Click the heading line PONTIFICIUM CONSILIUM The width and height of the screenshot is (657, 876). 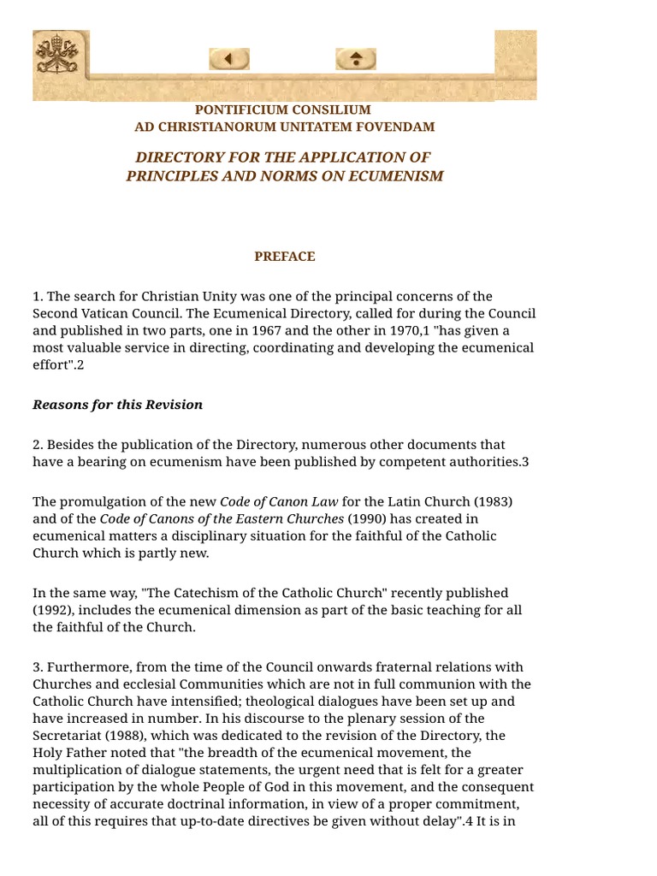(x=283, y=109)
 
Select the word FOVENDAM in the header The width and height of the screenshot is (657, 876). (x=401, y=127)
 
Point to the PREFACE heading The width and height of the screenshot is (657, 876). (x=284, y=256)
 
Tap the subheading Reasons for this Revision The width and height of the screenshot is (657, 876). (x=118, y=405)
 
